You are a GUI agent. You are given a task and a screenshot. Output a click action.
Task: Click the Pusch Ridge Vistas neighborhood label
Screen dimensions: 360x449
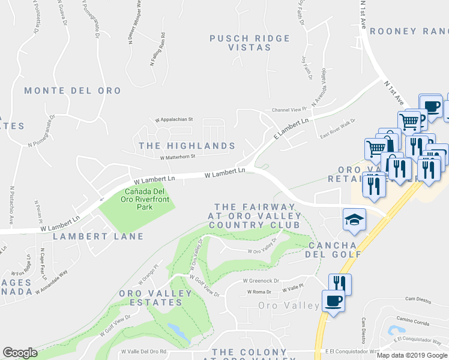[249, 43]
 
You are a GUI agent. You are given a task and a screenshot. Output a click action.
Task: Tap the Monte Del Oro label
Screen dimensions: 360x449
[72, 91]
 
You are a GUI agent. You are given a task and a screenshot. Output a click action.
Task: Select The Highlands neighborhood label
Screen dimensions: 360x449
[187, 146]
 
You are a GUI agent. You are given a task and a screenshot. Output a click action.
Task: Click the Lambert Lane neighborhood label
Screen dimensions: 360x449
[98, 236]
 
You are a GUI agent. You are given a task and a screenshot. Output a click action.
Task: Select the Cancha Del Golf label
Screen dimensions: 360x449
[336, 250]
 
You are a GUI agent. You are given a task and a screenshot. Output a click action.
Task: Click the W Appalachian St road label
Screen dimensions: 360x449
[173, 119]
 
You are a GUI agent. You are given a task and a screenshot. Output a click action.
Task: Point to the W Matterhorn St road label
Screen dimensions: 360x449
[178, 158]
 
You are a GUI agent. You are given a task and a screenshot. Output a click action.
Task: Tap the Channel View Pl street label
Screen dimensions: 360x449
[289, 110]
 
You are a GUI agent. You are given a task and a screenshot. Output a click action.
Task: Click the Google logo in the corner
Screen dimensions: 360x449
[20, 353]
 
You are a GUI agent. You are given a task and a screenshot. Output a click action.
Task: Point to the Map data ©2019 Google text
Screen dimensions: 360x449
[411, 355]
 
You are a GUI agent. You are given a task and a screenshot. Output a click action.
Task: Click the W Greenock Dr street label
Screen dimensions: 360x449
[261, 280]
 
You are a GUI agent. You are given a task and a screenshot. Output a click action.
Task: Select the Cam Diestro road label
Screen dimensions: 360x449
[418, 298]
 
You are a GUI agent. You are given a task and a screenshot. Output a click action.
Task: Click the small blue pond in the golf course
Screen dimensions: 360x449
[178, 330]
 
